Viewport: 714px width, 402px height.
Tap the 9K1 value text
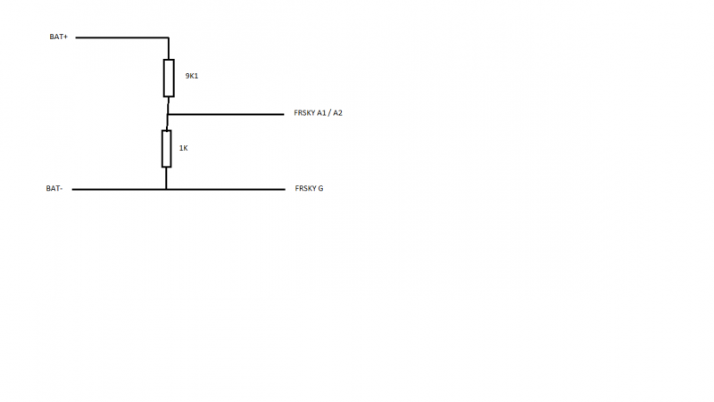(191, 77)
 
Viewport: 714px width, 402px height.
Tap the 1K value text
(183, 148)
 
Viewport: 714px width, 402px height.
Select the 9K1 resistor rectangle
(169, 78)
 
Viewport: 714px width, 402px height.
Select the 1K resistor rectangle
(166, 148)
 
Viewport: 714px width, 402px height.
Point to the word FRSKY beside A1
(304, 114)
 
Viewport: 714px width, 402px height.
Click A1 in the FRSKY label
(322, 114)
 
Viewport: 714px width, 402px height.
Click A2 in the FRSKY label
(337, 114)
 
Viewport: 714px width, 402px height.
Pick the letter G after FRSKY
(320, 189)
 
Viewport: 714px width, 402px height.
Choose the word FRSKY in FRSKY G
(305, 189)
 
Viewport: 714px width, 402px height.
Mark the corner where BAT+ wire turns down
(169, 38)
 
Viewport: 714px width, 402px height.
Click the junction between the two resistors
(168, 114)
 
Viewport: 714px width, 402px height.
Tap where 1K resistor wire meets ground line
(166, 189)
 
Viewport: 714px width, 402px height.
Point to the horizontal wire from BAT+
(125, 38)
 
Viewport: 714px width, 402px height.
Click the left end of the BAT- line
(73, 189)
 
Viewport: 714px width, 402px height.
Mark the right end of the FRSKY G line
(282, 189)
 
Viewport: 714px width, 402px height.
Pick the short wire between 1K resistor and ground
(166, 178)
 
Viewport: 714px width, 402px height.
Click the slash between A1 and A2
(329, 114)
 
